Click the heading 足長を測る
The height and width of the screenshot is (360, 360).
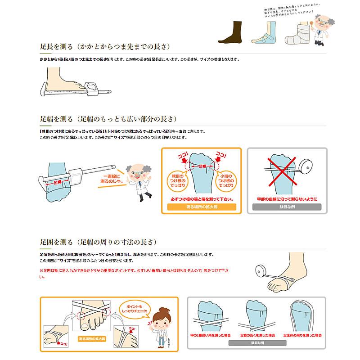(x=57, y=46)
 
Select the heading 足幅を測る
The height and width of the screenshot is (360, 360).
(x=57, y=119)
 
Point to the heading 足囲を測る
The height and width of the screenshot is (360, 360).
(x=57, y=242)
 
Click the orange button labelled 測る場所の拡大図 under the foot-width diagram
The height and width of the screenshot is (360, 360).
(x=201, y=207)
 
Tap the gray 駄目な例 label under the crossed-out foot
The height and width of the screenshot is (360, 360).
(x=287, y=207)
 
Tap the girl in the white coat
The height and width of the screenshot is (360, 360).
(x=160, y=326)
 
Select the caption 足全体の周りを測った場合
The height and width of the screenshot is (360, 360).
(x=301, y=335)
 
